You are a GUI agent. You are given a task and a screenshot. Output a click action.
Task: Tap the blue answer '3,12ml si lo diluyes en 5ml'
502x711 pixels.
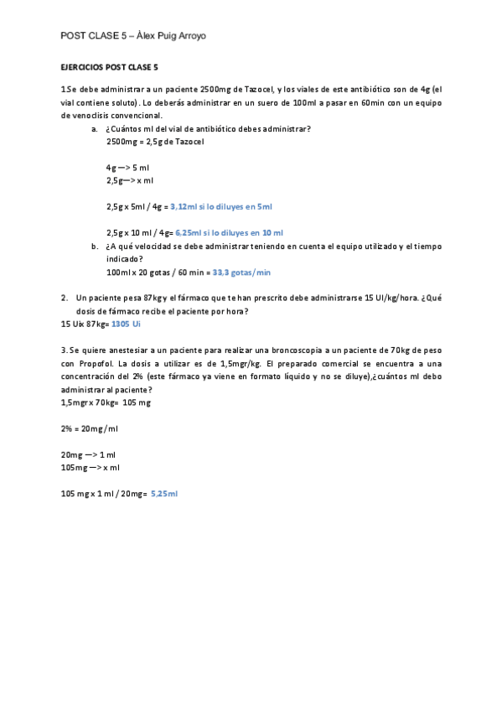pos(221,205)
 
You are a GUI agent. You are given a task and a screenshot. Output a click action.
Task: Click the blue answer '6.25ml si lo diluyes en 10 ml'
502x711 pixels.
pos(229,232)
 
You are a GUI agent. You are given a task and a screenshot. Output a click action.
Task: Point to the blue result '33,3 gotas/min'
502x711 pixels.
pos(241,272)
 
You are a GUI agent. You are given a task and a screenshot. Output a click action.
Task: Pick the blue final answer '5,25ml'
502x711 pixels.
pos(164,493)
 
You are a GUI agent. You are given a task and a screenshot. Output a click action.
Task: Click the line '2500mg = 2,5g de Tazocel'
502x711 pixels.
pos(155,141)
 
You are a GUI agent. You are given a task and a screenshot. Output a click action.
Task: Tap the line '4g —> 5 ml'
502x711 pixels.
pos(127,168)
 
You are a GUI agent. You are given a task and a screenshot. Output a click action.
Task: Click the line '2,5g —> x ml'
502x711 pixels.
pos(130,180)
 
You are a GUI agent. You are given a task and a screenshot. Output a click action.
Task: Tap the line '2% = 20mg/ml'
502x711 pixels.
pos(90,428)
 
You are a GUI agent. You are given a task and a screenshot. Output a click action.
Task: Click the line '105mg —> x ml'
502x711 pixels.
pos(91,467)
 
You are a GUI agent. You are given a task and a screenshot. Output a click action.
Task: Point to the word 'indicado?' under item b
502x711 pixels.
pos(125,259)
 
